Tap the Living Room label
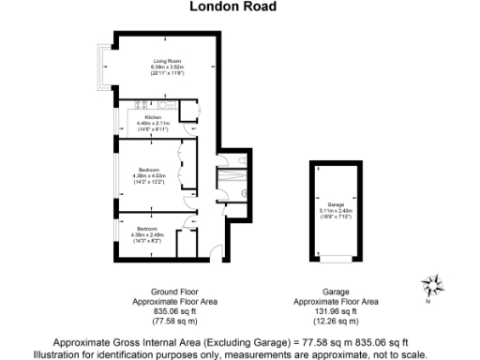(x=167, y=62)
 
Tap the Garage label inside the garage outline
(x=337, y=203)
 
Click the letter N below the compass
(x=428, y=302)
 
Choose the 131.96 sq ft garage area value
(x=337, y=311)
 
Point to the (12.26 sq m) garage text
(x=337, y=321)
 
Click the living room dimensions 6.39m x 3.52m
(x=167, y=67)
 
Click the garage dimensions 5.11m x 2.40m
(x=337, y=210)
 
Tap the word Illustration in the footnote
(x=58, y=355)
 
